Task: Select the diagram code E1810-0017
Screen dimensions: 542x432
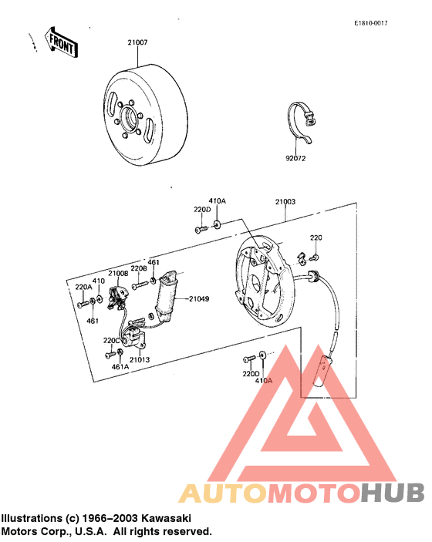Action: point(371,24)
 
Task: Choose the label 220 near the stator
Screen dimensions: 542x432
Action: point(316,237)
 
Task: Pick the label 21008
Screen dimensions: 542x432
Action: point(118,272)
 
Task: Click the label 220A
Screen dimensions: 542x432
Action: point(83,287)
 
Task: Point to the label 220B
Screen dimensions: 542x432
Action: point(138,268)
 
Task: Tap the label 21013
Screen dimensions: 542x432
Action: point(140,359)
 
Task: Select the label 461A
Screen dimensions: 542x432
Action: point(120,367)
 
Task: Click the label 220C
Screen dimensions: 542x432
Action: point(112,339)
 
